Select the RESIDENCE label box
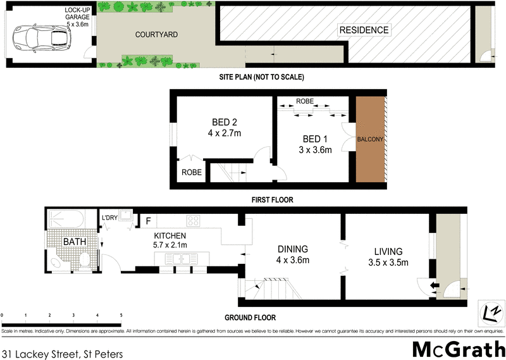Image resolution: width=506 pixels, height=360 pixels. point(364,30)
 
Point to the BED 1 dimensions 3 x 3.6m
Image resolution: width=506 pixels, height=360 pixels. point(315,149)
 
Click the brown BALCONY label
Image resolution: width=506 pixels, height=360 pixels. point(371,139)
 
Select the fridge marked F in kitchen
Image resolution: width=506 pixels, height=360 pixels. point(148,221)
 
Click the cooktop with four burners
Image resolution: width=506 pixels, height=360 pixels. point(194,221)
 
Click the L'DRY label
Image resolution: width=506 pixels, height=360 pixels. point(111,219)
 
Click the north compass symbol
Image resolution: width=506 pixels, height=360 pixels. point(490,312)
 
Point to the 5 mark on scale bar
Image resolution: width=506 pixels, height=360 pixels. point(121,314)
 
